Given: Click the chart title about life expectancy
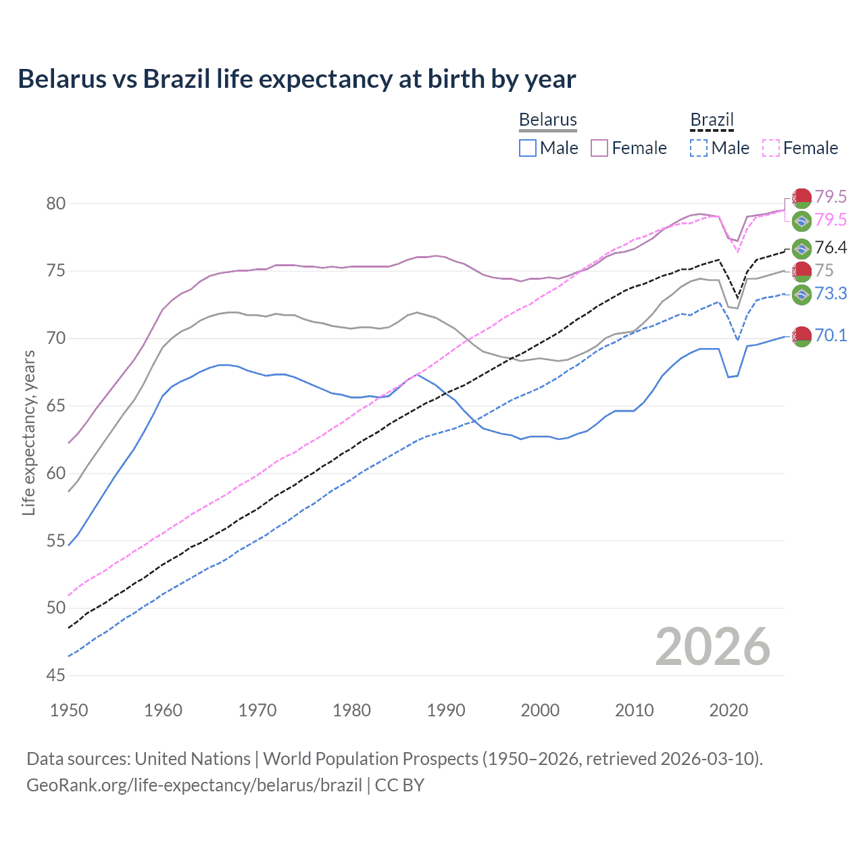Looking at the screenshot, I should [297, 79].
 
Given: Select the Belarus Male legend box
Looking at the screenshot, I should [528, 148].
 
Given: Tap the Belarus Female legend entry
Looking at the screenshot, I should [628, 148].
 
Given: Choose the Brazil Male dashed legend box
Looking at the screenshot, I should [699, 148].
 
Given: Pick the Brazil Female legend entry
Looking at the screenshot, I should [800, 148].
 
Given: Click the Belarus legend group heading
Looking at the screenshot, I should [547, 120].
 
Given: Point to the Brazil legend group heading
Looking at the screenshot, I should [712, 120].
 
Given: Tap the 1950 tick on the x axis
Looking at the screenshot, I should [69, 710].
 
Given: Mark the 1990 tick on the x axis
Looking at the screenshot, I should [446, 710].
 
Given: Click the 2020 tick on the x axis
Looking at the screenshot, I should [728, 710].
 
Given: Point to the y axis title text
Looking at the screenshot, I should [28, 432].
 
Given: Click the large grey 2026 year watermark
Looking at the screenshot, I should [712, 647].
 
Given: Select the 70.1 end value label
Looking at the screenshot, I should [831, 335].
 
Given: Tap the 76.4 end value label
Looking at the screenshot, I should [831, 248].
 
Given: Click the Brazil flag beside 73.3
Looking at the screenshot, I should [801, 294].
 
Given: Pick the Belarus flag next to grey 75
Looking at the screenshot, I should [801, 271].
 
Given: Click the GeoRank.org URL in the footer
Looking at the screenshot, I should [194, 785].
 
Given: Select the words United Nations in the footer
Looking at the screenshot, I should [193, 759].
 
